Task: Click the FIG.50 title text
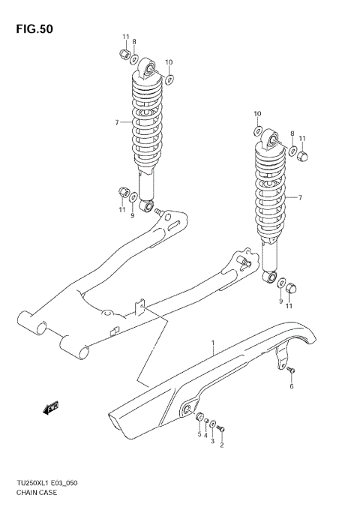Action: (x=33, y=28)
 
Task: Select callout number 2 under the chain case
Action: (x=221, y=445)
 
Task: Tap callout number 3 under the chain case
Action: (x=212, y=442)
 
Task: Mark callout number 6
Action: (x=292, y=386)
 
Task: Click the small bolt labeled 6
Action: (x=292, y=370)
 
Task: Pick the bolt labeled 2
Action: (x=222, y=427)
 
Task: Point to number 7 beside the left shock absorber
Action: (x=117, y=122)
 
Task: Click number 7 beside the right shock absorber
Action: (x=299, y=197)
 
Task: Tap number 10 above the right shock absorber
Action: (x=256, y=114)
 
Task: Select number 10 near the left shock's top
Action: (x=169, y=62)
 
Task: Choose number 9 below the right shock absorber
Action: (x=281, y=301)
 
